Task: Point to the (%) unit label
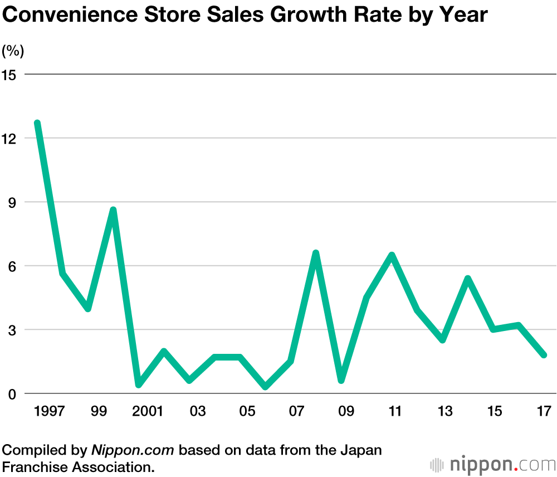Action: pos(13,51)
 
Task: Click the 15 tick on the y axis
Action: pos(9,74)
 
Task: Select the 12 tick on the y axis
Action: pos(9,138)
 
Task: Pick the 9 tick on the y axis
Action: pos(11,202)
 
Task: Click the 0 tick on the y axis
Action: pos(11,394)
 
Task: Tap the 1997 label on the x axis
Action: pos(50,412)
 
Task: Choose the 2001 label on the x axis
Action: pos(148,412)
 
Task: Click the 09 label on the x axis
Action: pos(346,412)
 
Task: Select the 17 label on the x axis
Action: pos(544,412)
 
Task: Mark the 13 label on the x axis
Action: pos(445,412)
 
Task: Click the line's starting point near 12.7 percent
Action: pos(37,123)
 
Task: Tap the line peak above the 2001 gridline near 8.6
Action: pos(113,210)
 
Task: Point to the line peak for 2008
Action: pos(316,253)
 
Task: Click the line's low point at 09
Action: pos(341,381)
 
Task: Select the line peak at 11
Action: pos(392,255)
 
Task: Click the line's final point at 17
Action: pos(544,355)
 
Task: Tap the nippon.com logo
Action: pos(492,464)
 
